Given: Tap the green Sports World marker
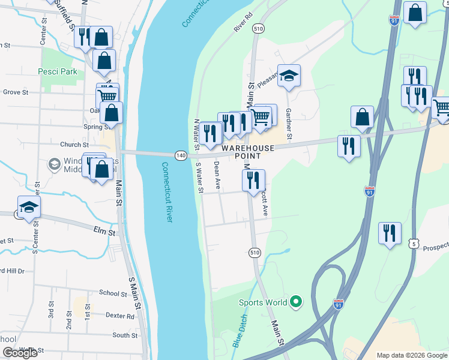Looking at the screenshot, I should tap(295, 302).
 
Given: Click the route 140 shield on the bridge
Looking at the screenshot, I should tap(181, 155).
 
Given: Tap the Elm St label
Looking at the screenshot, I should tap(103, 229).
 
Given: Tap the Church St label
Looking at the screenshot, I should tap(74, 145).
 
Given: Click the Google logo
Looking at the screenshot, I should tap(20, 353).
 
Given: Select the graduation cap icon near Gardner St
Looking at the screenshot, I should tap(289, 76).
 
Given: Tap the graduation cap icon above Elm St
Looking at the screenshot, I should tap(29, 208).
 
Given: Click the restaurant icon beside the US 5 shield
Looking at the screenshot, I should tap(390, 233).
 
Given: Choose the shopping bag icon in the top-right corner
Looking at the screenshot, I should tap(415, 13).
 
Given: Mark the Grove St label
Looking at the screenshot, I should tap(16, 92).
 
